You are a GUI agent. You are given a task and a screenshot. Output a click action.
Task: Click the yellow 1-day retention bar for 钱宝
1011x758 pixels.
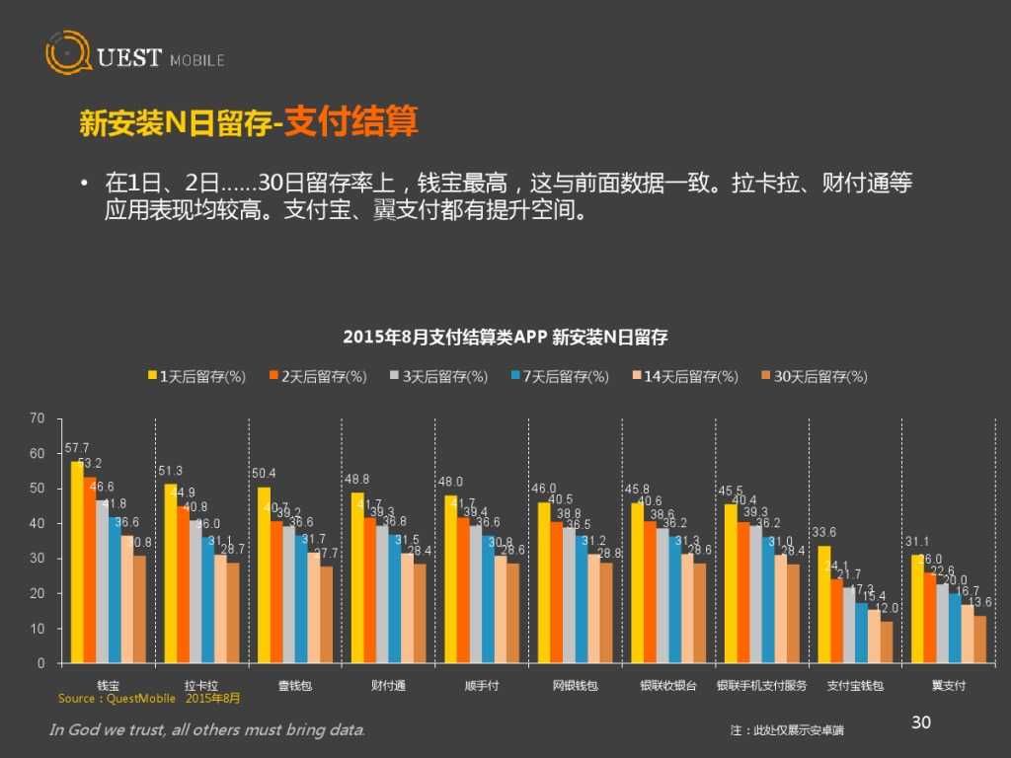(77, 562)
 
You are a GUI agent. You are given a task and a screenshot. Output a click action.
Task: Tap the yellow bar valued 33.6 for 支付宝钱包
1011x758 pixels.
(823, 604)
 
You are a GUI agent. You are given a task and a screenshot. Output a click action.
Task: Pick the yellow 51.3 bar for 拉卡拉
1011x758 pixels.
(170, 572)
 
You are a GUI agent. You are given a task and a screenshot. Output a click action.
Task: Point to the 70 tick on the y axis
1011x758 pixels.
(38, 418)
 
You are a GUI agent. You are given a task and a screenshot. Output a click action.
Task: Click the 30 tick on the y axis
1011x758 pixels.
(38, 559)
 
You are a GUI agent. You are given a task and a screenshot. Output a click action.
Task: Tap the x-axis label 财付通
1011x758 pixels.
(388, 685)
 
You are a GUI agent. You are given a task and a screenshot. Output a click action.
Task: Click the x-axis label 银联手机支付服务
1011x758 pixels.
(761, 685)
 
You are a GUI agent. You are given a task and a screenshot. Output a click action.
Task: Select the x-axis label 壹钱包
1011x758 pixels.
(295, 685)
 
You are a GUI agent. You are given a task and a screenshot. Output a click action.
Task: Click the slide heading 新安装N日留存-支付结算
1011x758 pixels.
(249, 123)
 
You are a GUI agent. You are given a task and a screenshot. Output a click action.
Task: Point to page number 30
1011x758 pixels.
(920, 723)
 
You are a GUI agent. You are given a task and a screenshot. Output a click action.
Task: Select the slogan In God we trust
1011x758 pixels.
(207, 730)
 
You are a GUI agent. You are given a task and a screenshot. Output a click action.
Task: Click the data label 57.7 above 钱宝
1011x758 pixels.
(76, 448)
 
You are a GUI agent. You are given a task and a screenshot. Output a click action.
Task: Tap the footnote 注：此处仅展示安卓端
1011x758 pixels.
(787, 730)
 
